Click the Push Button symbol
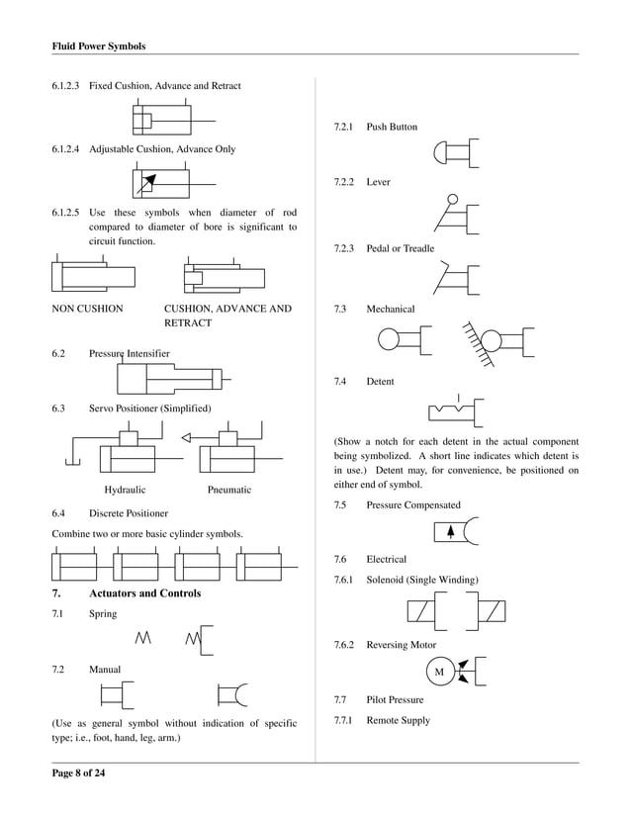coord(456,154)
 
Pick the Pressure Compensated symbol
coord(455,532)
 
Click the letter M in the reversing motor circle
coord(439,673)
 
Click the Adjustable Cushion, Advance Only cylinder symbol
coord(171,184)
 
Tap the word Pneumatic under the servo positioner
coord(229,490)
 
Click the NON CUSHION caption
coord(87,309)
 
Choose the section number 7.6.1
coord(345,579)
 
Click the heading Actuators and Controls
coord(144,593)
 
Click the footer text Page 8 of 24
coord(78,773)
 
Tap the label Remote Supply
coord(398,720)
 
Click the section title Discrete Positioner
coord(128,513)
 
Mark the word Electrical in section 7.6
coord(386,560)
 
